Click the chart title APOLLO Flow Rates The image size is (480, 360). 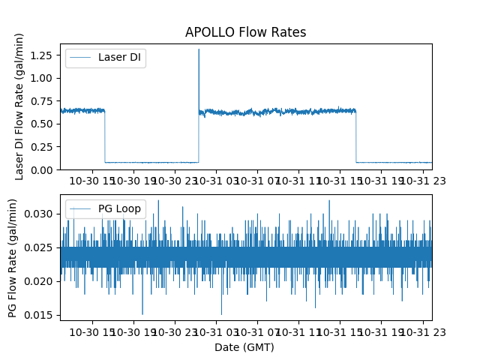point(245,33)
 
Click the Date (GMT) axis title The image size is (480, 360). point(244,347)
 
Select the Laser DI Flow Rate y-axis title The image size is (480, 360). point(20,106)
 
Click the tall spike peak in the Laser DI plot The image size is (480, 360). point(199,50)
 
